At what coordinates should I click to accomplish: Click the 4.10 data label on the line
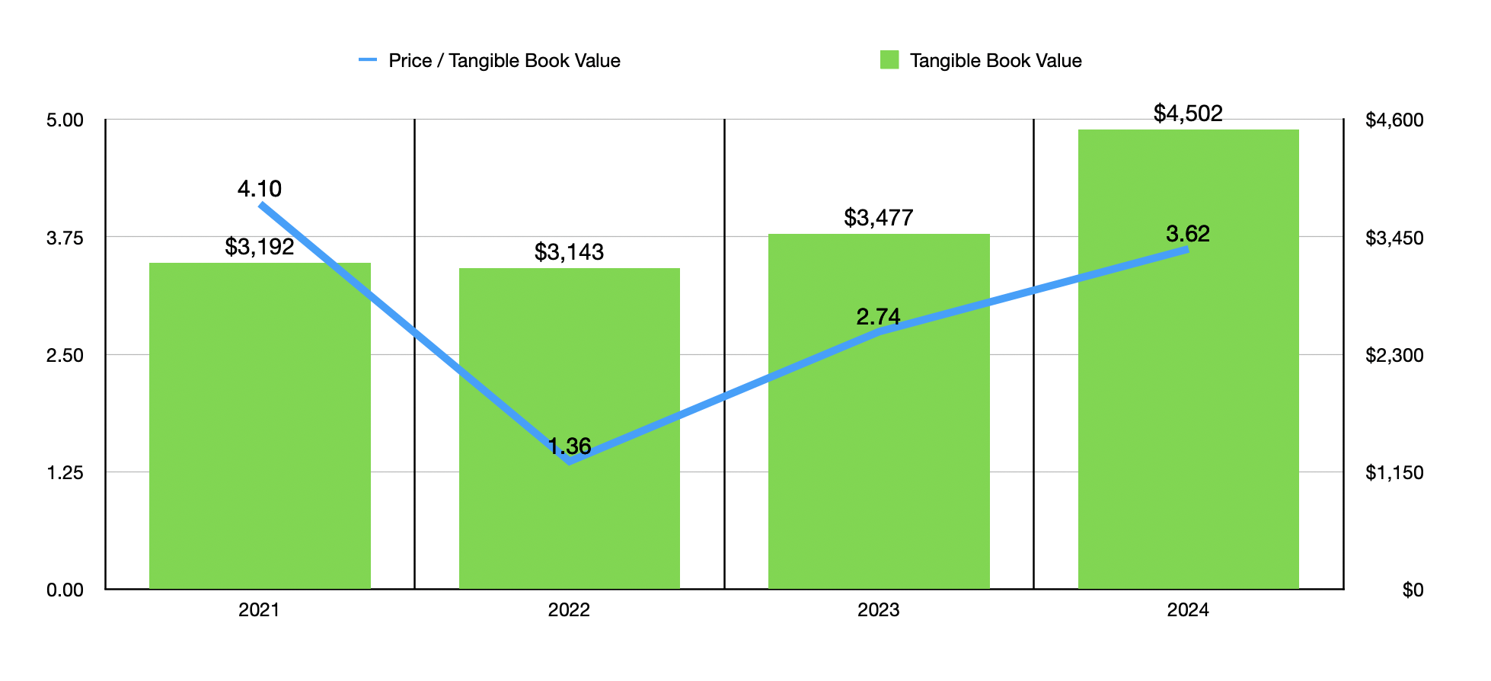260,189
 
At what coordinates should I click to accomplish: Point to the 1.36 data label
570,446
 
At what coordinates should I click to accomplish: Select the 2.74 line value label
878,317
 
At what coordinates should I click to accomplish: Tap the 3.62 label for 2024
1188,234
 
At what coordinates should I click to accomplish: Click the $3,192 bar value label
260,247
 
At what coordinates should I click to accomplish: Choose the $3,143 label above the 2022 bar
569,252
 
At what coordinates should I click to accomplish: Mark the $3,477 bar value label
879,218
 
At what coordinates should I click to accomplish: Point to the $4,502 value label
1188,113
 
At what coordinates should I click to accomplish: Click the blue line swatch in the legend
368,60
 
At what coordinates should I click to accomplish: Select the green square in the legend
889,60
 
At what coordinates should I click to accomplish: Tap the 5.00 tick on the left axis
65,120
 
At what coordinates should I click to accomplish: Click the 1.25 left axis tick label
65,473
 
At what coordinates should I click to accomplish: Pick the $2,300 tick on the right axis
1394,355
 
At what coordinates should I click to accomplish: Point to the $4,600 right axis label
1394,120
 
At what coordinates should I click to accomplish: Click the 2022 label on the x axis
569,610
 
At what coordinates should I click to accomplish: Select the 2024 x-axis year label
1188,610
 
